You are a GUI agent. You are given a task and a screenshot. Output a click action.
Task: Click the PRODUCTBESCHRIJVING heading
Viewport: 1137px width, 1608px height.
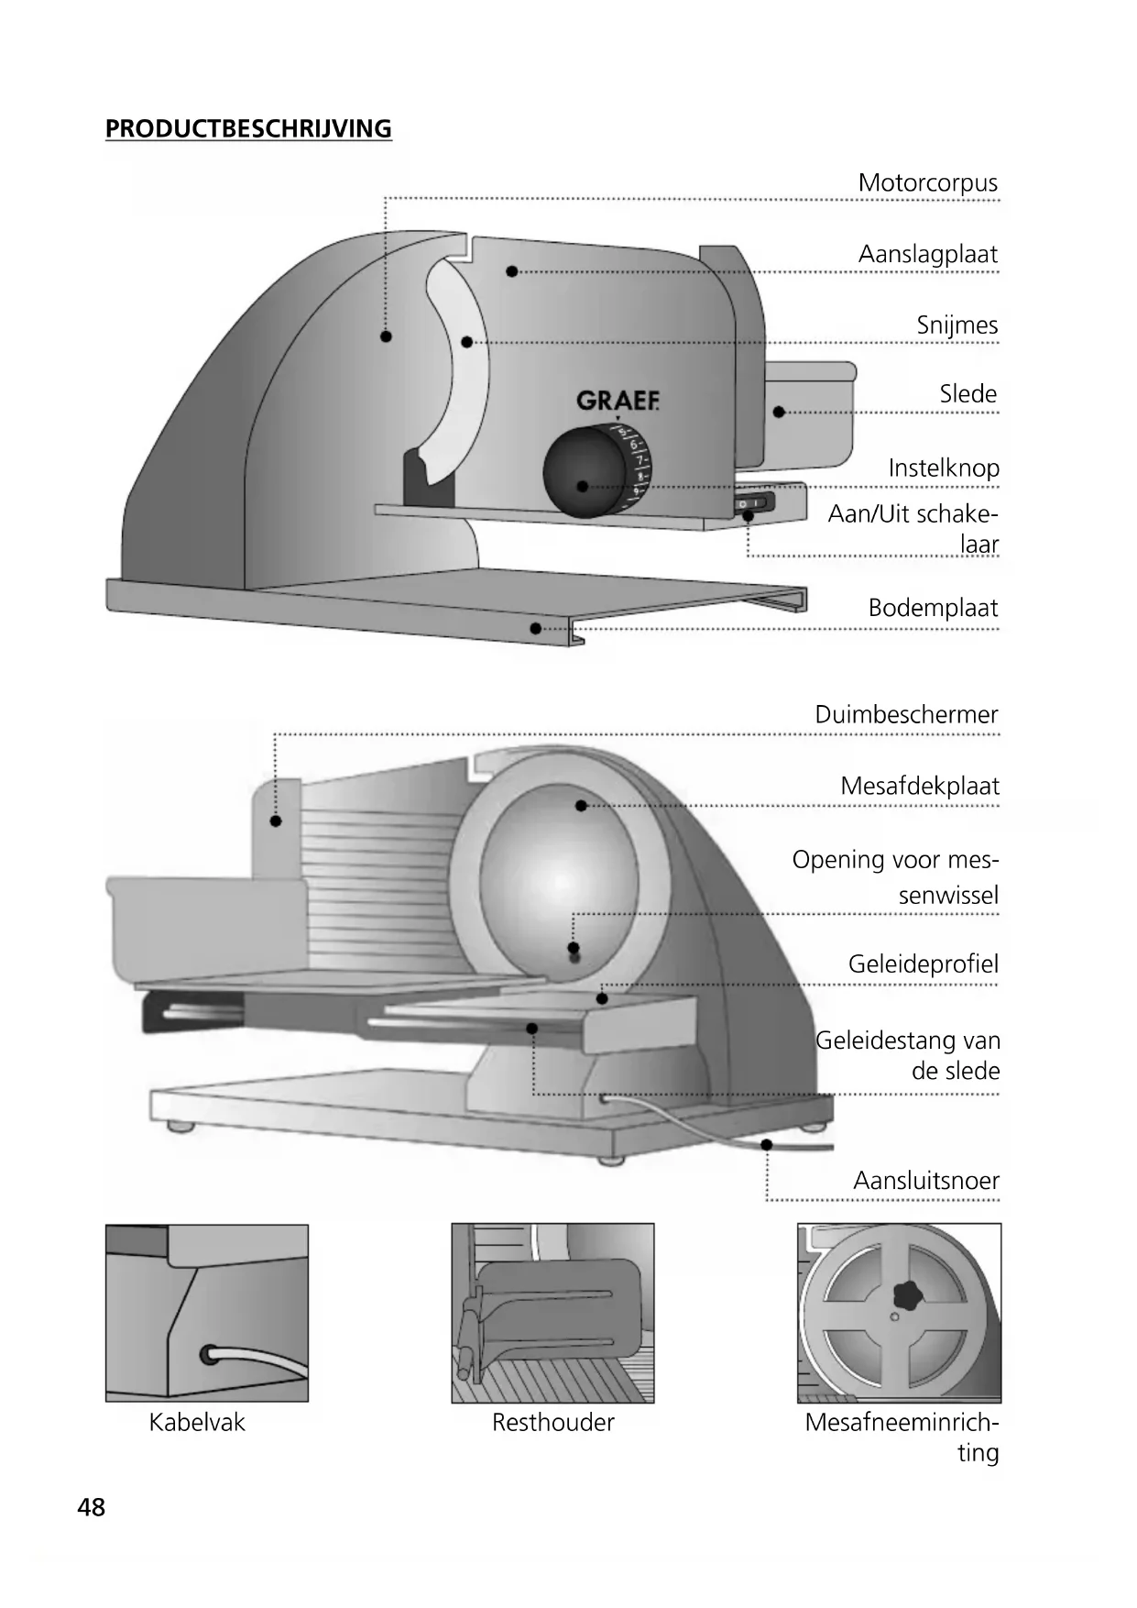pyautogui.click(x=248, y=128)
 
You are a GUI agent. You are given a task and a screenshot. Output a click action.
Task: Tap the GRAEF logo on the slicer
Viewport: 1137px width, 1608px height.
pyautogui.click(x=618, y=401)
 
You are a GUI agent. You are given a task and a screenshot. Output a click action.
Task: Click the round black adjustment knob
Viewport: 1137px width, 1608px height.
pyautogui.click(x=584, y=474)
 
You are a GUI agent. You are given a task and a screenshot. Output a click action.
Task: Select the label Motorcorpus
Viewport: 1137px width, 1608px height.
pyautogui.click(x=927, y=182)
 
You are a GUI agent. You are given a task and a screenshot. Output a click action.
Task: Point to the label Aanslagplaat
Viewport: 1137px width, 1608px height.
pyautogui.click(x=927, y=254)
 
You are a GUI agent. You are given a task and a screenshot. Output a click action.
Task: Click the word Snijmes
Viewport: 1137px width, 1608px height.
pyautogui.click(x=957, y=325)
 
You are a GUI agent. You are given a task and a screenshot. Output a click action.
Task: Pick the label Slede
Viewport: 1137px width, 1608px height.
pyautogui.click(x=968, y=394)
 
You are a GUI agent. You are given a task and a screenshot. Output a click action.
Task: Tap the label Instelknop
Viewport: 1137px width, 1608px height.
pyautogui.click(x=943, y=468)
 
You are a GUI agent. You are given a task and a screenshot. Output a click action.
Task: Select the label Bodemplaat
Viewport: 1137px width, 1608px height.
pyautogui.click(x=933, y=608)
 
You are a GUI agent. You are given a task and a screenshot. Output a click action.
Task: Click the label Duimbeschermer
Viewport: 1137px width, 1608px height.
pyautogui.click(x=906, y=715)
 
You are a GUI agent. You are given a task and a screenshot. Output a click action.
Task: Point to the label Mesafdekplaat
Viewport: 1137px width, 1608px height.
pyautogui.click(x=919, y=787)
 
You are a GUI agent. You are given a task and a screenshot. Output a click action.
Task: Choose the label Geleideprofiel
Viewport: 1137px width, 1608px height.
pyautogui.click(x=923, y=964)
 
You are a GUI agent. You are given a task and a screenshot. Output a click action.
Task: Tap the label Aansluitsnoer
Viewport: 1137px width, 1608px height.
pyautogui.click(x=925, y=1181)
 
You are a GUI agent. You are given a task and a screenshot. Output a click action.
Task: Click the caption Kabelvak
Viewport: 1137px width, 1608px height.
pyautogui.click(x=197, y=1423)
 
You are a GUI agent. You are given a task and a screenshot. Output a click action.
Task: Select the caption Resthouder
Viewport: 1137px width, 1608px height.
pyautogui.click(x=552, y=1423)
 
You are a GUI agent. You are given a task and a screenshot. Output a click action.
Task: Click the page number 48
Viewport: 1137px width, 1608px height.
pyautogui.click(x=92, y=1507)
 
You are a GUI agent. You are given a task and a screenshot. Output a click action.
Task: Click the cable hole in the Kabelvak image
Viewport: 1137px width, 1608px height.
pyautogui.click(x=211, y=1353)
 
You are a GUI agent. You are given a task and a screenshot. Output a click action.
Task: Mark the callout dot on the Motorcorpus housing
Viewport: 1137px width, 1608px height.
pyautogui.click(x=386, y=336)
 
